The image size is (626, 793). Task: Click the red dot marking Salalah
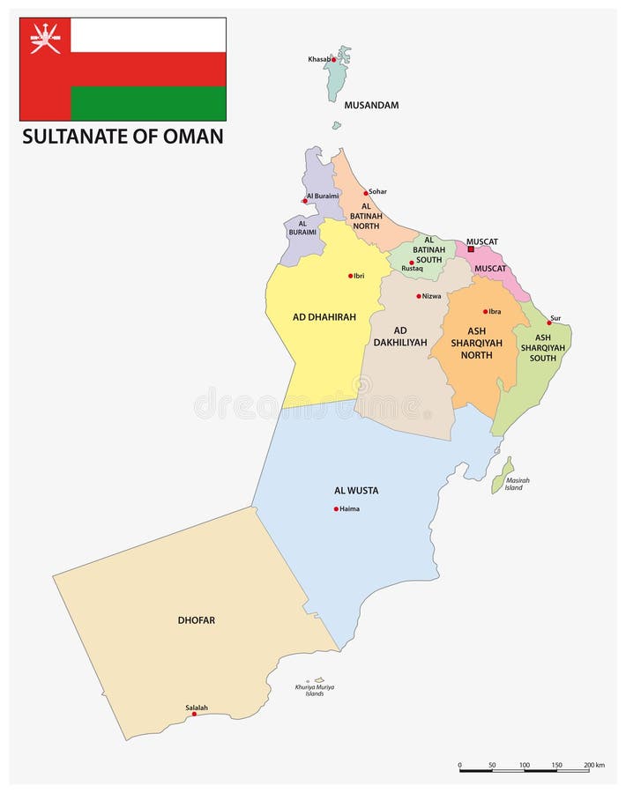(194, 714)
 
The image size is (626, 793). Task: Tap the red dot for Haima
(336, 508)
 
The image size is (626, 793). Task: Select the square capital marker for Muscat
(471, 249)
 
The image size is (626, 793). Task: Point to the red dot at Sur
(548, 322)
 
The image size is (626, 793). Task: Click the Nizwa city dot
(419, 296)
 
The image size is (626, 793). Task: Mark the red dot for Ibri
(350, 276)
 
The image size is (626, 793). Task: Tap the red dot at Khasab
(333, 60)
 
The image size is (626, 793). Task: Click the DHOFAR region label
(196, 620)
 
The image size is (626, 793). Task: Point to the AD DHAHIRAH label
(324, 317)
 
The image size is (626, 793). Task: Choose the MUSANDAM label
(371, 106)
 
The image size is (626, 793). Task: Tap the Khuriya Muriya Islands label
(315, 690)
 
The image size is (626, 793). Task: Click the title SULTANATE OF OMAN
(123, 137)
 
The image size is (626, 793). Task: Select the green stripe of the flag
(148, 103)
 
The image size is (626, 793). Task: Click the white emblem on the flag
(45, 40)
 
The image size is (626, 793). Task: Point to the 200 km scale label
(593, 765)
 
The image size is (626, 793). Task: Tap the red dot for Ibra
(485, 311)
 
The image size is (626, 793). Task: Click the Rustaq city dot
(411, 263)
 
